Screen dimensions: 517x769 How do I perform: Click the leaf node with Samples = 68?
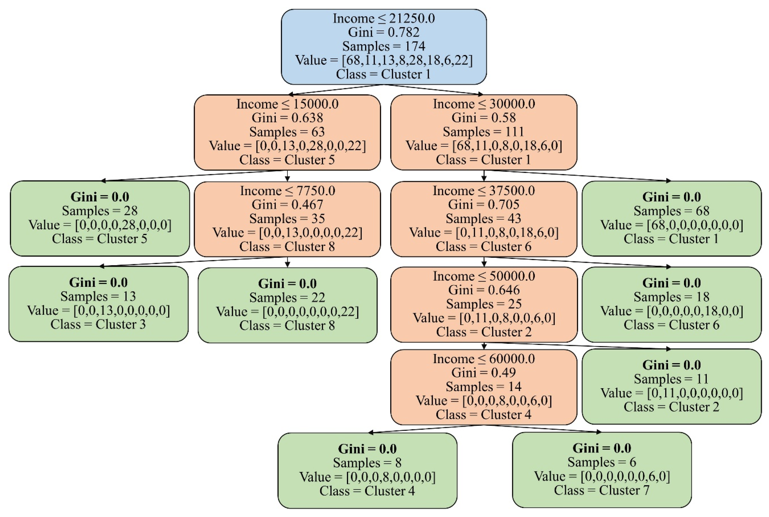click(x=671, y=218)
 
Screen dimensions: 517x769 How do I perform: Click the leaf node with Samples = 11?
click(x=671, y=386)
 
